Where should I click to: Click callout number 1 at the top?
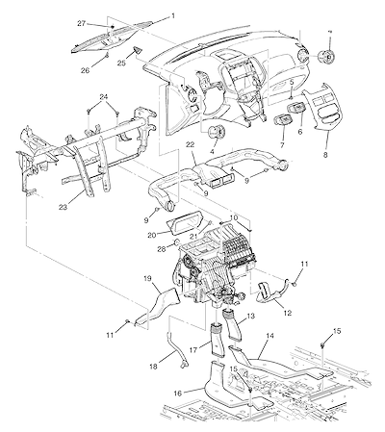point(173,15)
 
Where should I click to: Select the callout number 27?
point(82,23)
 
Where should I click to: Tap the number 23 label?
point(63,207)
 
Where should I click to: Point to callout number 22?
point(190,144)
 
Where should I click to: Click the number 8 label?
point(325,155)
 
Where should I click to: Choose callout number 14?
point(270,336)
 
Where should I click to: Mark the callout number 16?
point(178,393)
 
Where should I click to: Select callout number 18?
point(154,366)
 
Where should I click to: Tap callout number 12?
point(288,313)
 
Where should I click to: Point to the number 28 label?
point(162,248)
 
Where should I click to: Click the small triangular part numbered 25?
point(138,51)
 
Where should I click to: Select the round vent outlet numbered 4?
point(217,131)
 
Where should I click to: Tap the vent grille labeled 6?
point(296,108)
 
